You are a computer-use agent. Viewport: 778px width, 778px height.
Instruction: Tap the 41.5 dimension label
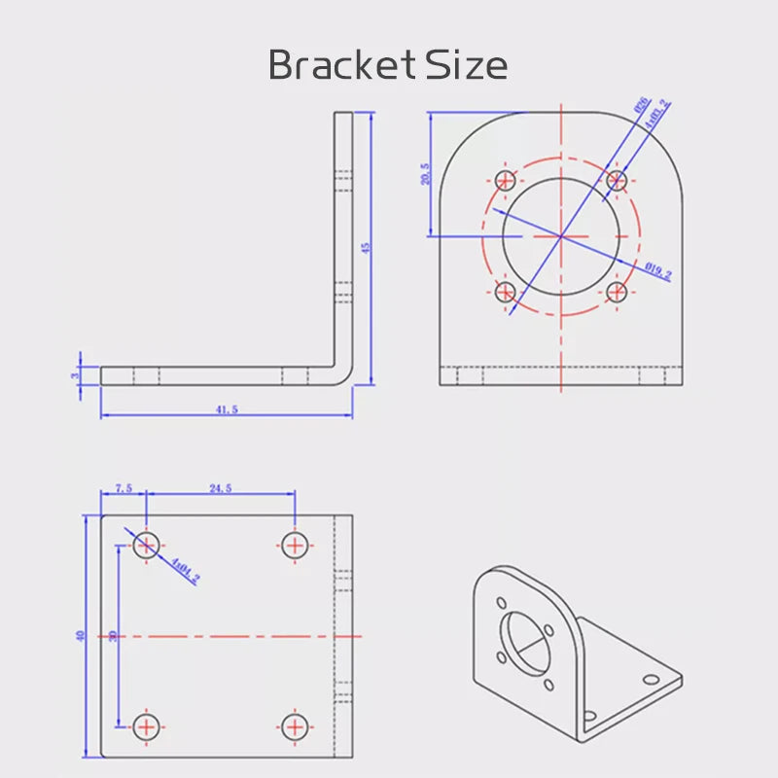point(227,410)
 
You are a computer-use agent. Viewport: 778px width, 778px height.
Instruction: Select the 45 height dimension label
point(366,248)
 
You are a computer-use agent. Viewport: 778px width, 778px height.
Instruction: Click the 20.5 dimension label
point(425,173)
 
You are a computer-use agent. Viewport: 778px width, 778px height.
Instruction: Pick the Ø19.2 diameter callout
point(658,271)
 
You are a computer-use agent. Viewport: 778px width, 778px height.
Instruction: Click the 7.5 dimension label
point(124,489)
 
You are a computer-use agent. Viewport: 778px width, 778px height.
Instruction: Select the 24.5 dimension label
point(219,489)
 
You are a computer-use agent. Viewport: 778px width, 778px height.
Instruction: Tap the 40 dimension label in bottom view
point(81,635)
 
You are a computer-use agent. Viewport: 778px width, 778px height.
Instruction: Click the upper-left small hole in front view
point(506,180)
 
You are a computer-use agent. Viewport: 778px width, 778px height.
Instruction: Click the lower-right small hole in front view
point(616,291)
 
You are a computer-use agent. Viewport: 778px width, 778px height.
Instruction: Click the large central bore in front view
point(561,235)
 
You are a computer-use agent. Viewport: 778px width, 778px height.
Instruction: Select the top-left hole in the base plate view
point(146,545)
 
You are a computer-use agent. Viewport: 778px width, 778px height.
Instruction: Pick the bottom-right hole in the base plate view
point(295,725)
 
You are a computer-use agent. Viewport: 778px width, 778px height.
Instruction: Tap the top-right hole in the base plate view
point(295,545)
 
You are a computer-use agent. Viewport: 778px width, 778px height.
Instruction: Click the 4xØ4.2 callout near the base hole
point(185,571)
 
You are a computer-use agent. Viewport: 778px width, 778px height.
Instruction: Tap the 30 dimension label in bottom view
point(114,635)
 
